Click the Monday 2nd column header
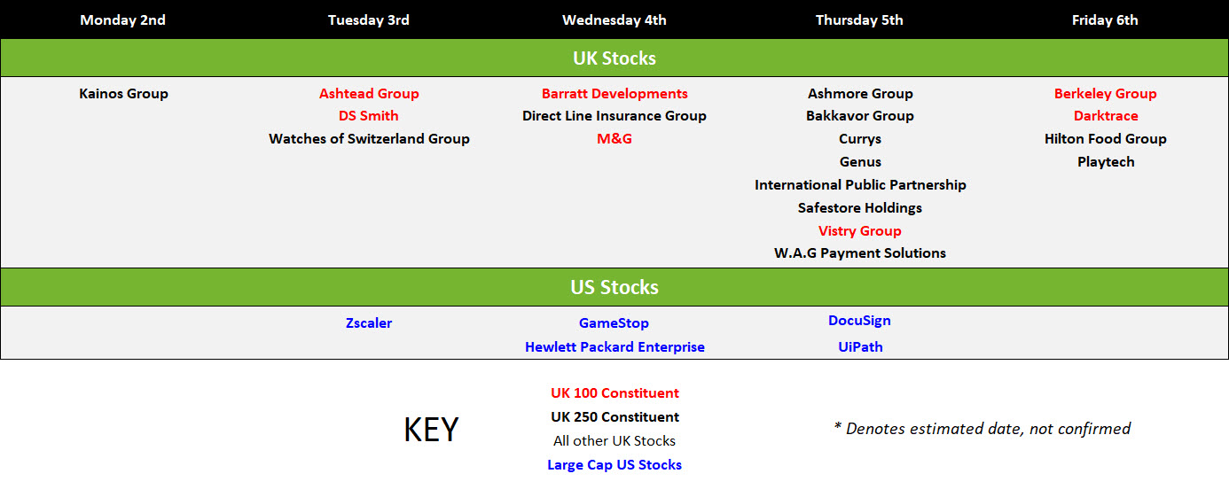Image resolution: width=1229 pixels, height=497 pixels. pos(122,20)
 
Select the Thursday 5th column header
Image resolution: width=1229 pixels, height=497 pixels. pos(859,20)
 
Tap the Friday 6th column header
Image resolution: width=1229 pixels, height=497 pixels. pos(1105,20)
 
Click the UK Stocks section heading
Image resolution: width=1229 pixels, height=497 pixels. pos(614,58)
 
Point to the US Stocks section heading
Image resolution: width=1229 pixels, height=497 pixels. pos(614,287)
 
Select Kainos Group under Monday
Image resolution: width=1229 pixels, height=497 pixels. pos(123,94)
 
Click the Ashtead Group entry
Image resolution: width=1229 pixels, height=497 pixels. pos(369,94)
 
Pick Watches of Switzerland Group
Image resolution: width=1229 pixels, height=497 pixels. pos(369,138)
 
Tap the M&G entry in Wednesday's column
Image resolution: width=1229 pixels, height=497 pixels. pos(614,138)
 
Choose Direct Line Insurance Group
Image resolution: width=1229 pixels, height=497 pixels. pos(614,116)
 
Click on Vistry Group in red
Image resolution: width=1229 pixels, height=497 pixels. pos(860,230)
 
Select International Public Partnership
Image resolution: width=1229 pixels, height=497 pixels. pos(860,184)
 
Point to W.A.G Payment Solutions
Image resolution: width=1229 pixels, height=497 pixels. pos(860,253)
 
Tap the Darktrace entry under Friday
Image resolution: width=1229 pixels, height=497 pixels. pos(1106,116)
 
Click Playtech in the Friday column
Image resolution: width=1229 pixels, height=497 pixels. pos(1106,162)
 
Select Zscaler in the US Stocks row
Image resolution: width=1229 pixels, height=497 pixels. pos(369,323)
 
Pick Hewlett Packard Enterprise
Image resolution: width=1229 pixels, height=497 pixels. pos(614,347)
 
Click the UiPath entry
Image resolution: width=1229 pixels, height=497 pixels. pos(860,347)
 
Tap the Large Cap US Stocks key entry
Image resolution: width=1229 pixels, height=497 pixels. pos(614,465)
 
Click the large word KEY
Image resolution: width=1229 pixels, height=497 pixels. pos(431,430)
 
